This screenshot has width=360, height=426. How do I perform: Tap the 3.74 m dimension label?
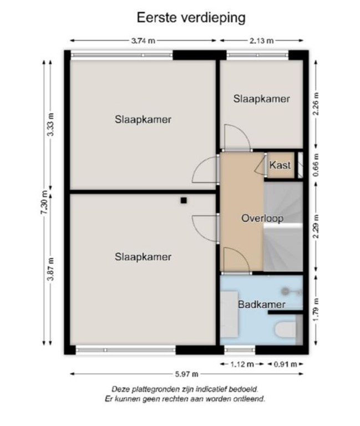(x=143, y=40)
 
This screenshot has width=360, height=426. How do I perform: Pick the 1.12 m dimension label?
(x=242, y=364)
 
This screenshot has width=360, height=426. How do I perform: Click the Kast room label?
(x=280, y=165)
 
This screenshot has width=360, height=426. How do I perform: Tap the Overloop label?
(x=262, y=219)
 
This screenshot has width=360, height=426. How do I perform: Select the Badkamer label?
(x=262, y=305)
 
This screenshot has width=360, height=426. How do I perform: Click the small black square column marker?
(x=184, y=200)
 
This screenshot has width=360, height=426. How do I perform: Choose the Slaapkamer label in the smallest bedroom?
(x=262, y=99)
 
